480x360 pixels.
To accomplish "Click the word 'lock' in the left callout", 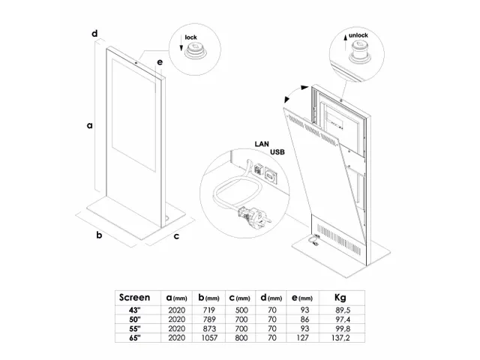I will point(191,35).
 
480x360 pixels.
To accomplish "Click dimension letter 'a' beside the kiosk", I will point(88,127).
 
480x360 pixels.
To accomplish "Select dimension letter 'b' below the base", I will point(97,236).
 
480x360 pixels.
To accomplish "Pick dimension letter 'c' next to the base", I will point(175,237).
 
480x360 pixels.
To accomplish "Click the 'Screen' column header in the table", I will point(135,297).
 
